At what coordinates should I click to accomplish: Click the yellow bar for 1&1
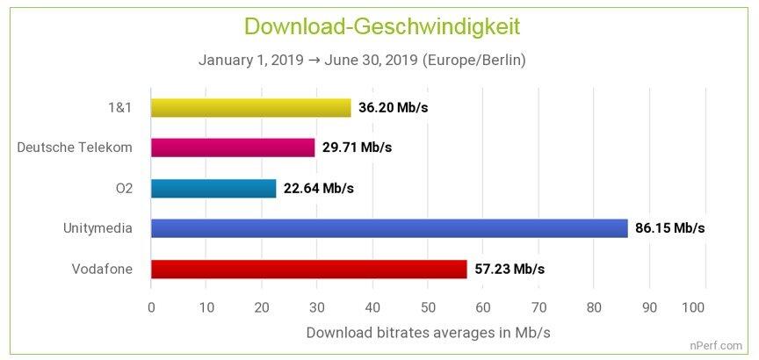click(250, 107)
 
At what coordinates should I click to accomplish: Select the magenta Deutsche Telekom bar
click(233, 147)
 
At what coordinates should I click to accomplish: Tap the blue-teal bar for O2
click(213, 188)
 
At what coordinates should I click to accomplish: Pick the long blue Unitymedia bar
click(389, 228)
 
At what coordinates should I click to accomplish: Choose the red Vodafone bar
click(308, 269)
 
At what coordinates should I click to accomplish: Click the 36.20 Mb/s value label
click(393, 107)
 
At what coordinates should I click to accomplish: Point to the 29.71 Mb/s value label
click(357, 147)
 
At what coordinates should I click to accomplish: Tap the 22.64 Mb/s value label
click(318, 188)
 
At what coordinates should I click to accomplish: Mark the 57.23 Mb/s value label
click(509, 269)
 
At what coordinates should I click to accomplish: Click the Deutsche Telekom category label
click(75, 147)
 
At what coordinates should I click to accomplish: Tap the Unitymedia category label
click(98, 228)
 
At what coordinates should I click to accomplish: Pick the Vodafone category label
click(102, 269)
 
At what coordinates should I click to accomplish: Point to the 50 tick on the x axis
click(428, 307)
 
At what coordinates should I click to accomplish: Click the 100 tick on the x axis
click(693, 307)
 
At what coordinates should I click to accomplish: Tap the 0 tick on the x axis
click(151, 307)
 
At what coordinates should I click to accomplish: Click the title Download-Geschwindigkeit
click(382, 26)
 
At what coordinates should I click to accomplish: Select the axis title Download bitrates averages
click(428, 333)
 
